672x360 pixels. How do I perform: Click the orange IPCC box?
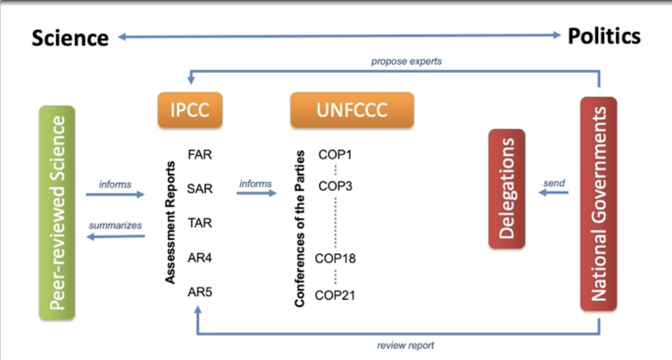point(190,110)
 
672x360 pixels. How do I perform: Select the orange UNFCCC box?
point(352,110)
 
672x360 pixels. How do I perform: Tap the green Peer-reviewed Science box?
point(57,213)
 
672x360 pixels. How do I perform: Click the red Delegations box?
point(507,188)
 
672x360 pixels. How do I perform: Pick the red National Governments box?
point(598,204)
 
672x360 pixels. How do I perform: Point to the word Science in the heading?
point(70,38)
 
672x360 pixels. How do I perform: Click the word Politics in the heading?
point(605,36)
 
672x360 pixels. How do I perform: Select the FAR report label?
point(200,155)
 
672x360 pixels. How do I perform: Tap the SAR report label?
point(200,188)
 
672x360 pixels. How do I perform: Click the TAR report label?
point(200,223)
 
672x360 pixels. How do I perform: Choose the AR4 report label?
point(200,258)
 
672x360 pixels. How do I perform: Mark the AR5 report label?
point(200,292)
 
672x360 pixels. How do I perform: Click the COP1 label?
point(335,155)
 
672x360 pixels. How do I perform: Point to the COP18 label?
point(335,258)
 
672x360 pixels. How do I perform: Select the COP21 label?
point(335,295)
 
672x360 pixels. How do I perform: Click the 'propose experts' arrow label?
point(406,62)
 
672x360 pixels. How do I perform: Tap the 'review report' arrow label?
point(406,345)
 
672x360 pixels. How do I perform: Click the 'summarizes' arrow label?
point(115,226)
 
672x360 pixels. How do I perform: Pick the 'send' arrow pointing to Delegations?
point(553,192)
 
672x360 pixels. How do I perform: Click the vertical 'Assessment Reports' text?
point(170,223)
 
